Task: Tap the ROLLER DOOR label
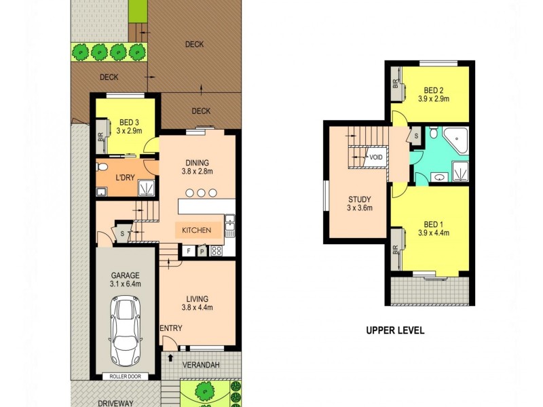point(125,375)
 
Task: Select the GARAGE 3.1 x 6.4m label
point(126,279)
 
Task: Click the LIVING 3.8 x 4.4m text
point(197,303)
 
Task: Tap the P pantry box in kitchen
point(202,251)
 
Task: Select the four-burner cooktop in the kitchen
point(217,251)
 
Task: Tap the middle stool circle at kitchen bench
point(201,193)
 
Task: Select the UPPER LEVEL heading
point(395,331)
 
